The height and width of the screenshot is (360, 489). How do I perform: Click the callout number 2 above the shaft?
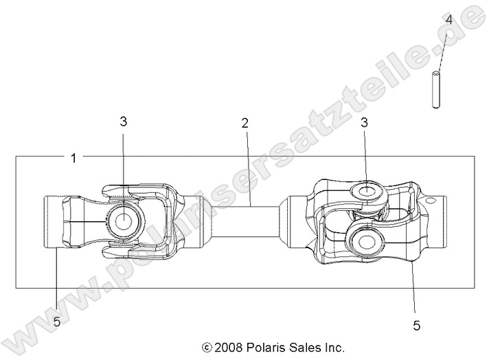(244, 124)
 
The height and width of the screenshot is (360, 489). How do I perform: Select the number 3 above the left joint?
(123, 122)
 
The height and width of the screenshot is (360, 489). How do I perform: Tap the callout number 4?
(448, 20)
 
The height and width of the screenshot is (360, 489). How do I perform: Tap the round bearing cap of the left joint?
(124, 221)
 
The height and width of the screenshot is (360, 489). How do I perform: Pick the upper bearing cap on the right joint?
(367, 190)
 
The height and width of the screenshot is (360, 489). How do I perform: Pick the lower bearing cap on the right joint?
(362, 240)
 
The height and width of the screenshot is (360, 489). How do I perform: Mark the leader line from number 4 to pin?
(442, 48)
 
